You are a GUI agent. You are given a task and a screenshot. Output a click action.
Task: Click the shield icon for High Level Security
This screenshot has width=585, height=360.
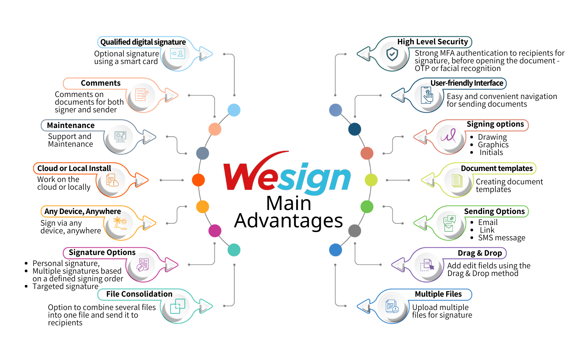pyautogui.click(x=392, y=54)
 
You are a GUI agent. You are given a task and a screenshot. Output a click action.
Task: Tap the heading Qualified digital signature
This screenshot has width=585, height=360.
pyautogui.click(x=143, y=42)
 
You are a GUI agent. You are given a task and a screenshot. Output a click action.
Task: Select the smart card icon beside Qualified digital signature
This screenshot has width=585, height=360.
pyautogui.click(x=177, y=54)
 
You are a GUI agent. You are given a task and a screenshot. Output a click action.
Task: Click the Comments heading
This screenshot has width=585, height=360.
pyautogui.click(x=101, y=83)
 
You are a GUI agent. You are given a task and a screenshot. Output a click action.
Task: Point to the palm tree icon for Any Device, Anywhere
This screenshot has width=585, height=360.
pyautogui.click(x=120, y=223)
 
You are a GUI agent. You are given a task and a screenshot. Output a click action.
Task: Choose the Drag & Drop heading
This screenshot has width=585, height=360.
pyautogui.click(x=480, y=253)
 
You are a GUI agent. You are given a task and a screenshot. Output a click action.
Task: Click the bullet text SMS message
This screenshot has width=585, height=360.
pyautogui.click(x=502, y=238)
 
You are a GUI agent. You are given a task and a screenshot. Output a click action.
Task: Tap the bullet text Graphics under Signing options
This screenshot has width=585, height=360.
pyautogui.click(x=493, y=145)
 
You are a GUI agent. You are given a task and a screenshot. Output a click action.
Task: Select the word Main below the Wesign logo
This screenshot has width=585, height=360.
pyautogui.click(x=289, y=203)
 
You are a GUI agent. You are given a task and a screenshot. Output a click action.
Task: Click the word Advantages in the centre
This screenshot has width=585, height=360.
pyautogui.click(x=289, y=221)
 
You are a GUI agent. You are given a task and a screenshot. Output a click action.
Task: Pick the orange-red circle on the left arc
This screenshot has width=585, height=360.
pyautogui.click(x=199, y=180)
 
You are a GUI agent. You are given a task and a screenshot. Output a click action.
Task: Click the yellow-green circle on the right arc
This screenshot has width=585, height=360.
pyautogui.click(x=371, y=180)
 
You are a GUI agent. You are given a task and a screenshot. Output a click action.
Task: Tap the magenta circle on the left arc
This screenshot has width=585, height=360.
pyautogui.click(x=215, y=231)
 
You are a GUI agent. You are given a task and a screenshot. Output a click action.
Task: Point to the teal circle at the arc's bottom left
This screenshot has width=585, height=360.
pyautogui.click(x=234, y=250)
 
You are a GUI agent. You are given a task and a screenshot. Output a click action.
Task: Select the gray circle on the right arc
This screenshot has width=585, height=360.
pyautogui.click(x=355, y=231)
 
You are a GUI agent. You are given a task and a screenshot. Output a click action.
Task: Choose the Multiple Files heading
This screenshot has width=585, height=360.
pyautogui.click(x=438, y=294)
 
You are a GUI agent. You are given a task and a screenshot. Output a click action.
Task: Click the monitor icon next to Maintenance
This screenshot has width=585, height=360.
pyautogui.click(x=120, y=136)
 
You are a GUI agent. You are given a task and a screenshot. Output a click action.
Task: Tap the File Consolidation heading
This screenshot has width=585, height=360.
pyautogui.click(x=139, y=294)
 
